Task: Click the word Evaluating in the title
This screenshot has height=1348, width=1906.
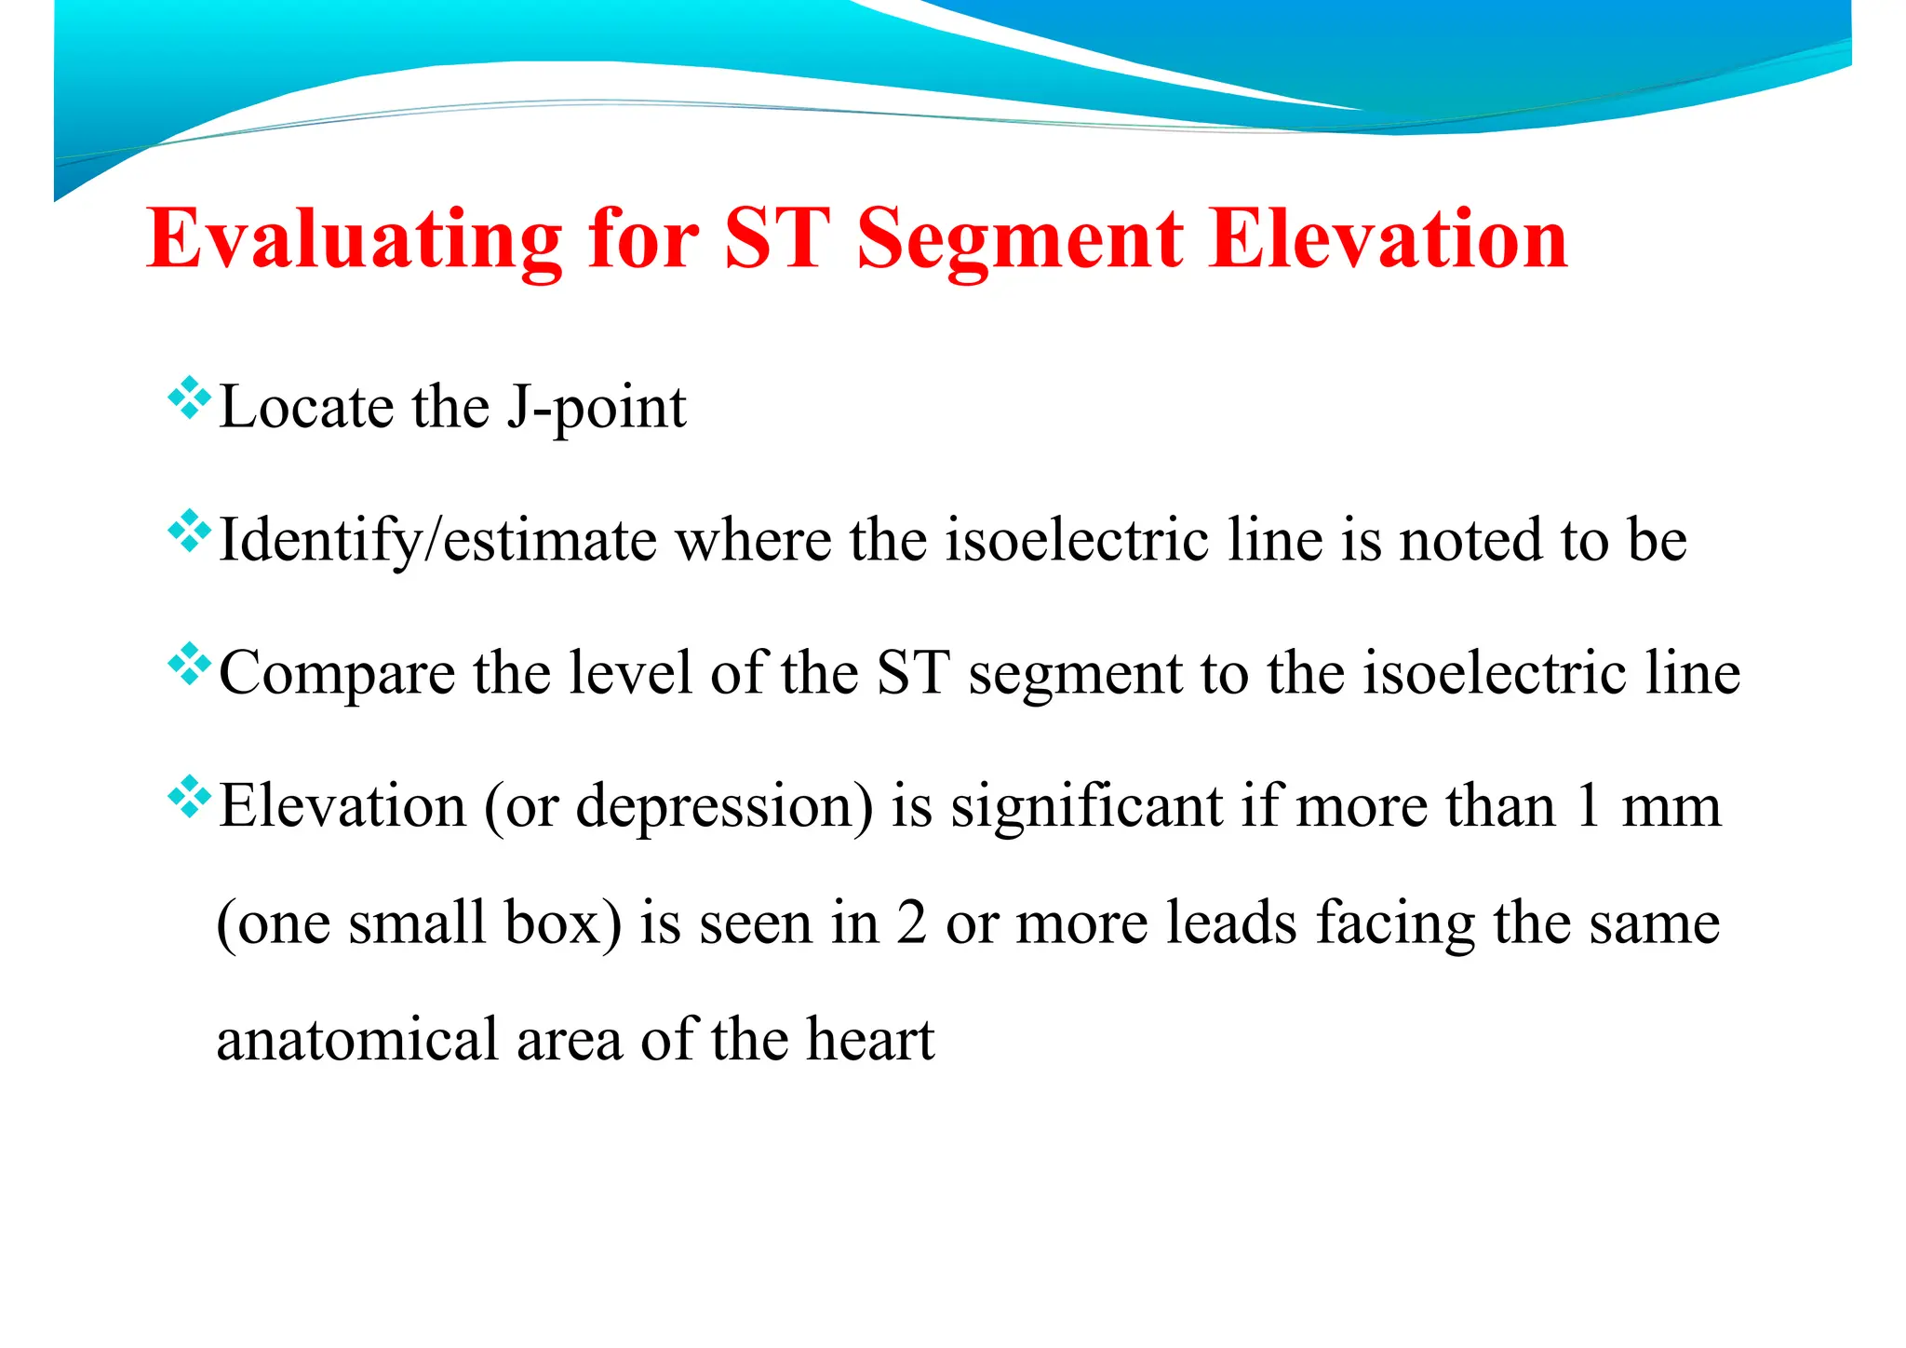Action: (354, 240)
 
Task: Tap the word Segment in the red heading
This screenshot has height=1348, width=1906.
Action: (1020, 240)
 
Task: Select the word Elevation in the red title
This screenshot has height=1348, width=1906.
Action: (1389, 240)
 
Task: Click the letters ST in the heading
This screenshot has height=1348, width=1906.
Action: (776, 240)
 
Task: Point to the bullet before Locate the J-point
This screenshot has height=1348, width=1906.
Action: (189, 398)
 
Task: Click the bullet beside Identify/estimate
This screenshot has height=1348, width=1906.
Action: (189, 532)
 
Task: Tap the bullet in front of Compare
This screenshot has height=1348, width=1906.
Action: (189, 665)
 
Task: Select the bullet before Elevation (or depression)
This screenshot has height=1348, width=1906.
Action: (189, 798)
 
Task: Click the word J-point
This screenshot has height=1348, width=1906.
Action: (596, 408)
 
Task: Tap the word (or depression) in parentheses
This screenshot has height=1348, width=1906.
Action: (678, 807)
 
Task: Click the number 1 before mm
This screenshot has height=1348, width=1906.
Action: (1588, 807)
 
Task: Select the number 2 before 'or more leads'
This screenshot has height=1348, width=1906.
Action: (911, 923)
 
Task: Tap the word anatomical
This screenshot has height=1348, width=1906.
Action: (357, 1040)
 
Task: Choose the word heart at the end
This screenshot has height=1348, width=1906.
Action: (870, 1040)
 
